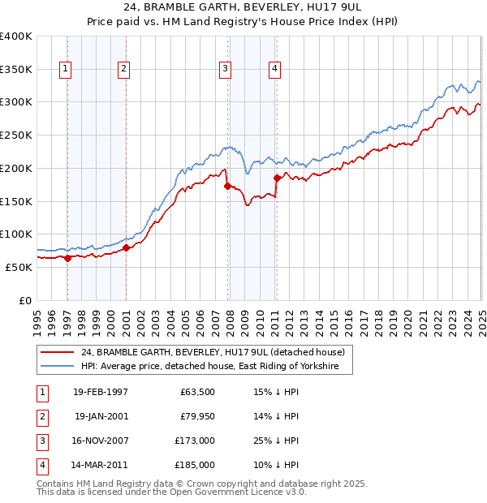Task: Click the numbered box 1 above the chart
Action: pyautogui.click(x=65, y=69)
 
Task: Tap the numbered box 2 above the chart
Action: pyautogui.click(x=123, y=69)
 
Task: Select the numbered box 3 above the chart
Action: pyautogui.click(x=224, y=69)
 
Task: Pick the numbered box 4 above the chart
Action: pyautogui.click(x=275, y=69)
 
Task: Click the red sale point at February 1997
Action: pyautogui.click(x=68, y=259)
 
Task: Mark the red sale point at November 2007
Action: pyautogui.click(x=227, y=186)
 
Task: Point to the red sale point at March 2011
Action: pyautogui.click(x=277, y=178)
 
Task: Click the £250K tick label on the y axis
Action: pyautogui.click(x=16, y=135)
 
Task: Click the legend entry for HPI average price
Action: pyautogui.click(x=216, y=367)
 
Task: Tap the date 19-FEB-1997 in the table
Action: pyautogui.click(x=101, y=392)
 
